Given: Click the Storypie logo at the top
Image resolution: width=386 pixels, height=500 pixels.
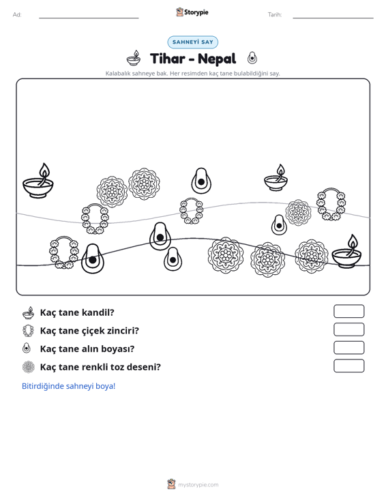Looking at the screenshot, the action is point(192,12).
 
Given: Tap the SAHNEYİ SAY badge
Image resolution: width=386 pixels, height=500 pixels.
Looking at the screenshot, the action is point(193,42).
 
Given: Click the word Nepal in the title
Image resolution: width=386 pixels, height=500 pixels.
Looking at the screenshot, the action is point(217,59).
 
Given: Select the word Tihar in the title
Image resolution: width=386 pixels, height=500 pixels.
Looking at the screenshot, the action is point(167,59).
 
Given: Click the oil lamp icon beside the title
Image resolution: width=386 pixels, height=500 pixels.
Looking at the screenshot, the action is point(134,58).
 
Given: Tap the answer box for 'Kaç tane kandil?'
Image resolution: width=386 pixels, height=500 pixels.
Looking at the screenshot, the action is point(348,311).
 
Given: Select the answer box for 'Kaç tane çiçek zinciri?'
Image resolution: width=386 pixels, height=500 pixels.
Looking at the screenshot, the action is point(348,329).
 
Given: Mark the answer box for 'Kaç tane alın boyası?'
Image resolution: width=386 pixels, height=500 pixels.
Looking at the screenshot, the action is point(348,348).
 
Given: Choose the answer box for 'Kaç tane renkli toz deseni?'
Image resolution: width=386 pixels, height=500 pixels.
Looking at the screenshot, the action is point(348,366).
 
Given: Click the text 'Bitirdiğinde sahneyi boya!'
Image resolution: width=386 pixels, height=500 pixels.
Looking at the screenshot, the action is point(68,386).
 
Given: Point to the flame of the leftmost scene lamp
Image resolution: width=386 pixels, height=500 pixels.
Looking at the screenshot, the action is point(44,171).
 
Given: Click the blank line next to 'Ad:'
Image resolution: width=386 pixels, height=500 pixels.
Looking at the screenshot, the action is point(89,18).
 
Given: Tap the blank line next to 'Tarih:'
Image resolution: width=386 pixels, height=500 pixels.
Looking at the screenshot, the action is point(333,18).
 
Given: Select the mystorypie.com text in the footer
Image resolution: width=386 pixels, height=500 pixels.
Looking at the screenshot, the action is point(198,485).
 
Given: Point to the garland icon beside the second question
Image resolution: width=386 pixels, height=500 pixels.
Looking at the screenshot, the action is point(29,331).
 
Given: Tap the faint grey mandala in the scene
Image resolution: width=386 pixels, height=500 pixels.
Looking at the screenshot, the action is point(298,212).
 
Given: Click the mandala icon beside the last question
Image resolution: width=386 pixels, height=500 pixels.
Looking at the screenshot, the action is point(29,367).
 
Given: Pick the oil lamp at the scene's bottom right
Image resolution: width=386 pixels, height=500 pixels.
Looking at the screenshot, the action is point(347,252).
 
